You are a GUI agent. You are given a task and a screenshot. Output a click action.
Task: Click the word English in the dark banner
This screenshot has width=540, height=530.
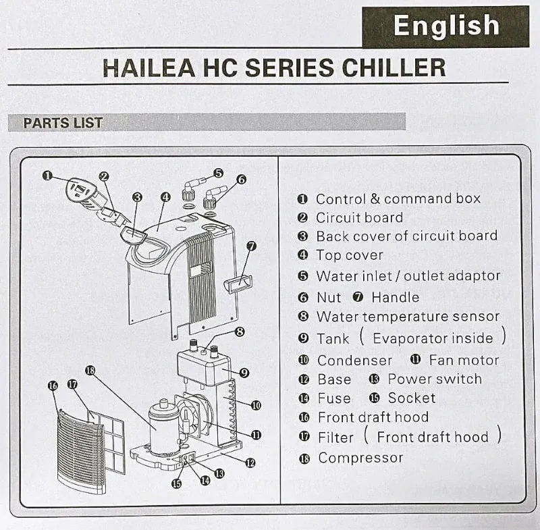tap(446, 26)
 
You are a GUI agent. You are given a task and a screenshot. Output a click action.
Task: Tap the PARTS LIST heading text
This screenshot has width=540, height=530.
tap(63, 123)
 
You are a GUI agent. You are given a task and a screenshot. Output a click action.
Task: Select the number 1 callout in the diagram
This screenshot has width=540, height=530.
tap(47, 176)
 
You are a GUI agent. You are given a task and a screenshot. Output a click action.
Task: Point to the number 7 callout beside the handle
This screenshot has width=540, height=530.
tap(252, 246)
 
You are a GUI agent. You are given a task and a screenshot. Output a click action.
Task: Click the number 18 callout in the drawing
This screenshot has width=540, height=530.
tap(90, 371)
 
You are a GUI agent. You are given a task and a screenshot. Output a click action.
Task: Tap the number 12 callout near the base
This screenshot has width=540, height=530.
tap(250, 463)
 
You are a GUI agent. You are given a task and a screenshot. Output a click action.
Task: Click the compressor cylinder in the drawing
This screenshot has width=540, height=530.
tap(163, 427)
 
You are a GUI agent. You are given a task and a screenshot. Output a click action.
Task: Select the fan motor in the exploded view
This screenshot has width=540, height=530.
tap(194, 415)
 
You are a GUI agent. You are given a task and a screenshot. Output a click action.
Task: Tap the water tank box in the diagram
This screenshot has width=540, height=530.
tap(204, 366)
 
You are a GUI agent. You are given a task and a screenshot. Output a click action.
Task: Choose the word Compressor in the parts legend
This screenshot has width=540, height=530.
tap(360, 458)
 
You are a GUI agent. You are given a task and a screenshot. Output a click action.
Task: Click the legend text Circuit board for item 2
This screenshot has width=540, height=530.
tap(360, 217)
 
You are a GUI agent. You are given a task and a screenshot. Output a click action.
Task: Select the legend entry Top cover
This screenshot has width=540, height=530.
tap(350, 255)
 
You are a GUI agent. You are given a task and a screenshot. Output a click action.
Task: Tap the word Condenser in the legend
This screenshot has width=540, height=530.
tap(355, 361)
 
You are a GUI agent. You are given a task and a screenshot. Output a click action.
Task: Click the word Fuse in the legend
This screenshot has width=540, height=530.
tap(334, 398)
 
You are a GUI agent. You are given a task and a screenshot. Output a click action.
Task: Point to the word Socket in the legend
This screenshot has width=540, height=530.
tap(412, 398)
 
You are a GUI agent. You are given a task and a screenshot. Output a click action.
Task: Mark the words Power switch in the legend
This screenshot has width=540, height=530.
tap(435, 379)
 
